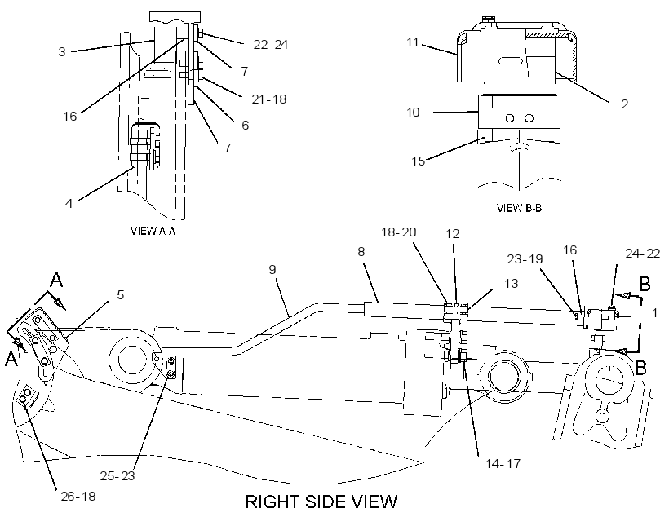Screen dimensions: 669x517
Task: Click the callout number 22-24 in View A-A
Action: pos(271,44)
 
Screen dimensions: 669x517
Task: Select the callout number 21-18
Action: pos(268,99)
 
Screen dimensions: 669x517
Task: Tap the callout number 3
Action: pos(62,52)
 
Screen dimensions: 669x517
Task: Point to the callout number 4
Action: pos(69,203)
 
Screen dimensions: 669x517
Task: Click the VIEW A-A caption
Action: pos(153,231)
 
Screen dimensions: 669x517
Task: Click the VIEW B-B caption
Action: pos(519,208)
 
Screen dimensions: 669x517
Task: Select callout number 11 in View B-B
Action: pos(413,42)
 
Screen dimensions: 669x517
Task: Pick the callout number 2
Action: pos(625,104)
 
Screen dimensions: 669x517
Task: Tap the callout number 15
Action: pos(418,161)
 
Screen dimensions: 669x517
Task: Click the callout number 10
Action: pos(413,113)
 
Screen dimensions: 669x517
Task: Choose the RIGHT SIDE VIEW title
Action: pos(321,502)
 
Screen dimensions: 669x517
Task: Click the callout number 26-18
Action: pos(78,497)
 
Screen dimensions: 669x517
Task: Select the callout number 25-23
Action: pos(117,476)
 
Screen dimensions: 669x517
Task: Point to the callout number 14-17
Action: pos(503,463)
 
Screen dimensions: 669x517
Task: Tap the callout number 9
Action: pos(272,270)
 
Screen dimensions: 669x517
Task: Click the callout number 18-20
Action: pos(398,232)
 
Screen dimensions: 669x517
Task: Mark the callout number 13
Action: pos(512,284)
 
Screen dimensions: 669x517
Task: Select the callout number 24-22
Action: pos(643,254)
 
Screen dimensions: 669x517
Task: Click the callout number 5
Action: pos(120,294)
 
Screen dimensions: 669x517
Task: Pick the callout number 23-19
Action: pos(525,259)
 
